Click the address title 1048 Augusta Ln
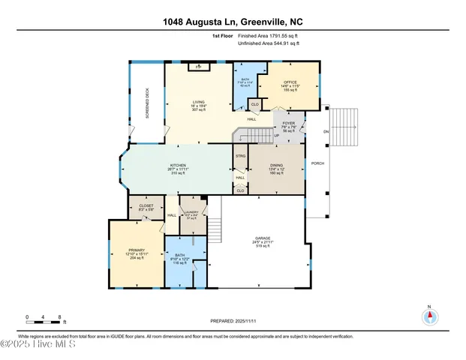233,22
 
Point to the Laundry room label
191,214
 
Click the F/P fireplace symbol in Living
198,67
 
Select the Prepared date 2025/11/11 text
233,322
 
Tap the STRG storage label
240,157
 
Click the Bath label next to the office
245,80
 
